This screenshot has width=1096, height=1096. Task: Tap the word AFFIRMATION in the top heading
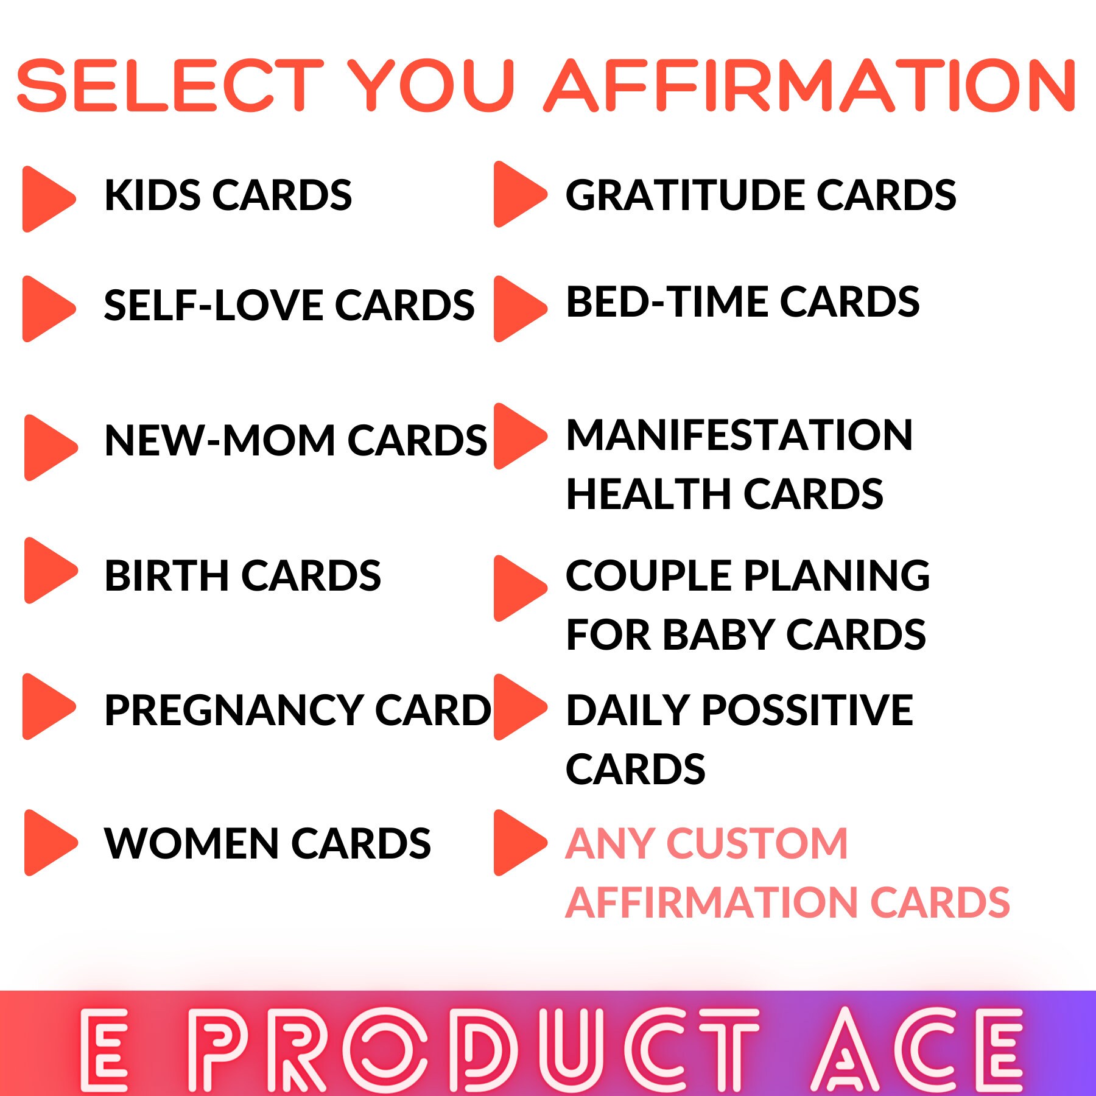point(810,86)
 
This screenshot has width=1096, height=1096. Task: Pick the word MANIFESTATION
point(739,435)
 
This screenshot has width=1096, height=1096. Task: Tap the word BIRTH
point(167,575)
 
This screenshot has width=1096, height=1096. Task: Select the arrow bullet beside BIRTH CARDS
point(49,571)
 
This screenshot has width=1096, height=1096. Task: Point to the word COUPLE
point(648,575)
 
